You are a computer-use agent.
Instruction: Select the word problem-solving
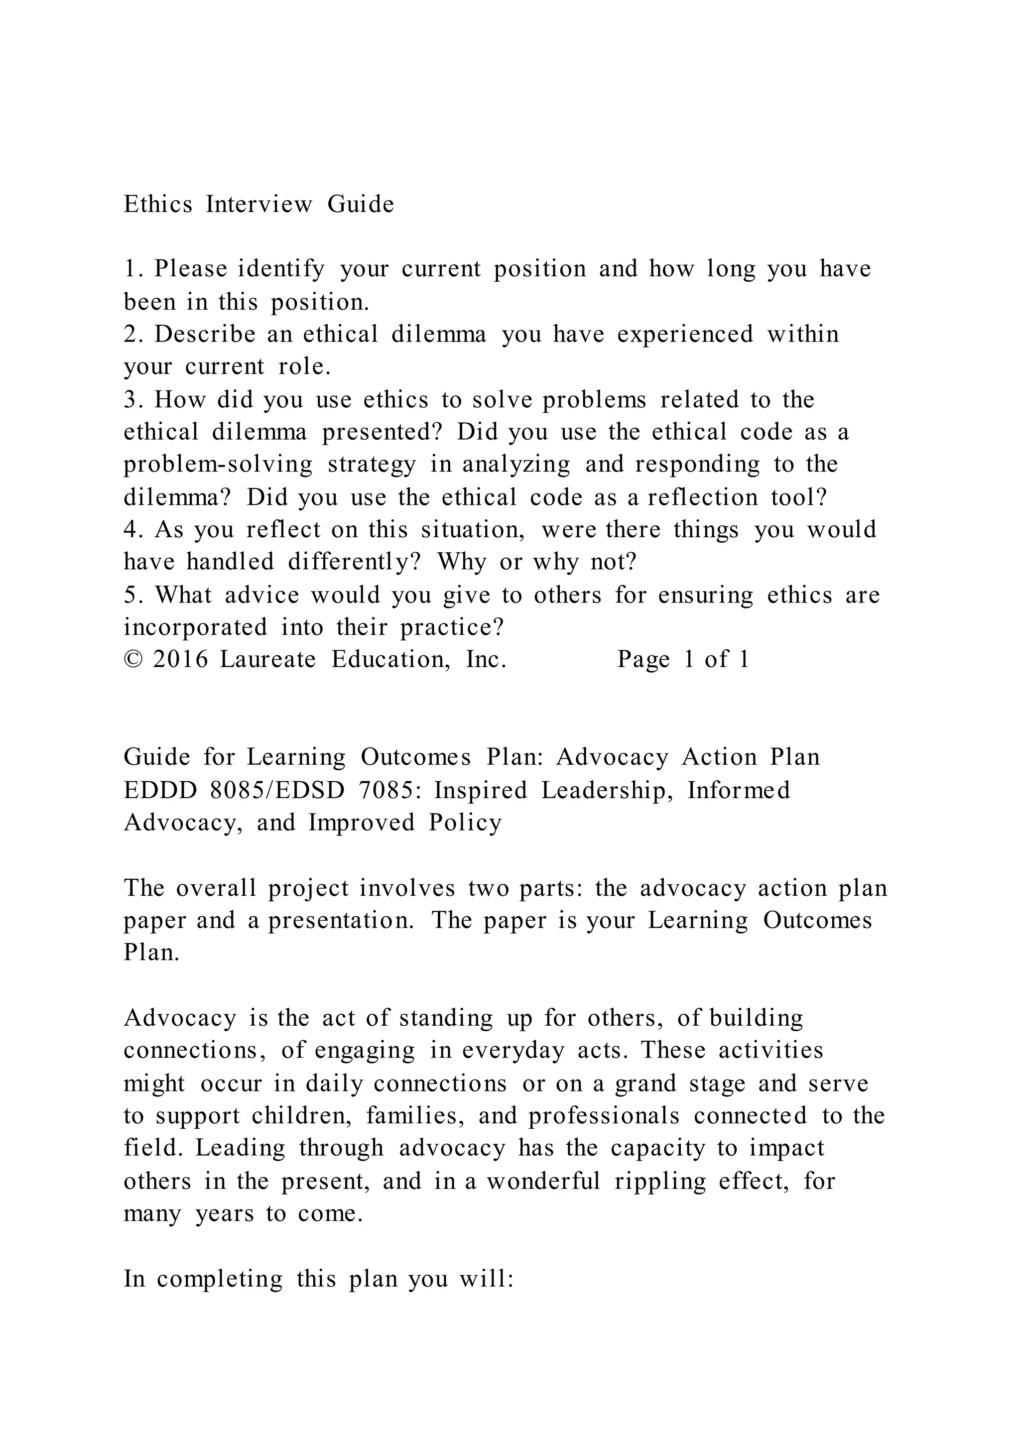tap(217, 465)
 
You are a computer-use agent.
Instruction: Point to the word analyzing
tap(515, 465)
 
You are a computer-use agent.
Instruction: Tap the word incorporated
tap(195, 627)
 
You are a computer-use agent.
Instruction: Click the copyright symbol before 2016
tap(132, 660)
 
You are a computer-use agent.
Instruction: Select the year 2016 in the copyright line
tap(180, 660)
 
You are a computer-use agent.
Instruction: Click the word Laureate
tap(267, 660)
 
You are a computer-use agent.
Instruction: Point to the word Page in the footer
tap(643, 660)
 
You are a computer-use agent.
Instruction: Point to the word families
tap(414, 1116)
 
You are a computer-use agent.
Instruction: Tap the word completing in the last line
tap(220, 1279)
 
